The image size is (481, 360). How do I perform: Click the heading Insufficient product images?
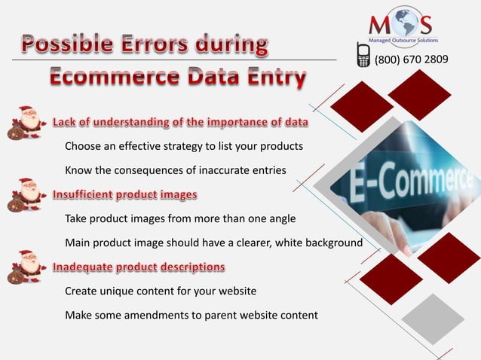click(x=124, y=195)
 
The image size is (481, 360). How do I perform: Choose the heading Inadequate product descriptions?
click(x=138, y=267)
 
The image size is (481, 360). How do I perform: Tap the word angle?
click(x=280, y=219)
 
